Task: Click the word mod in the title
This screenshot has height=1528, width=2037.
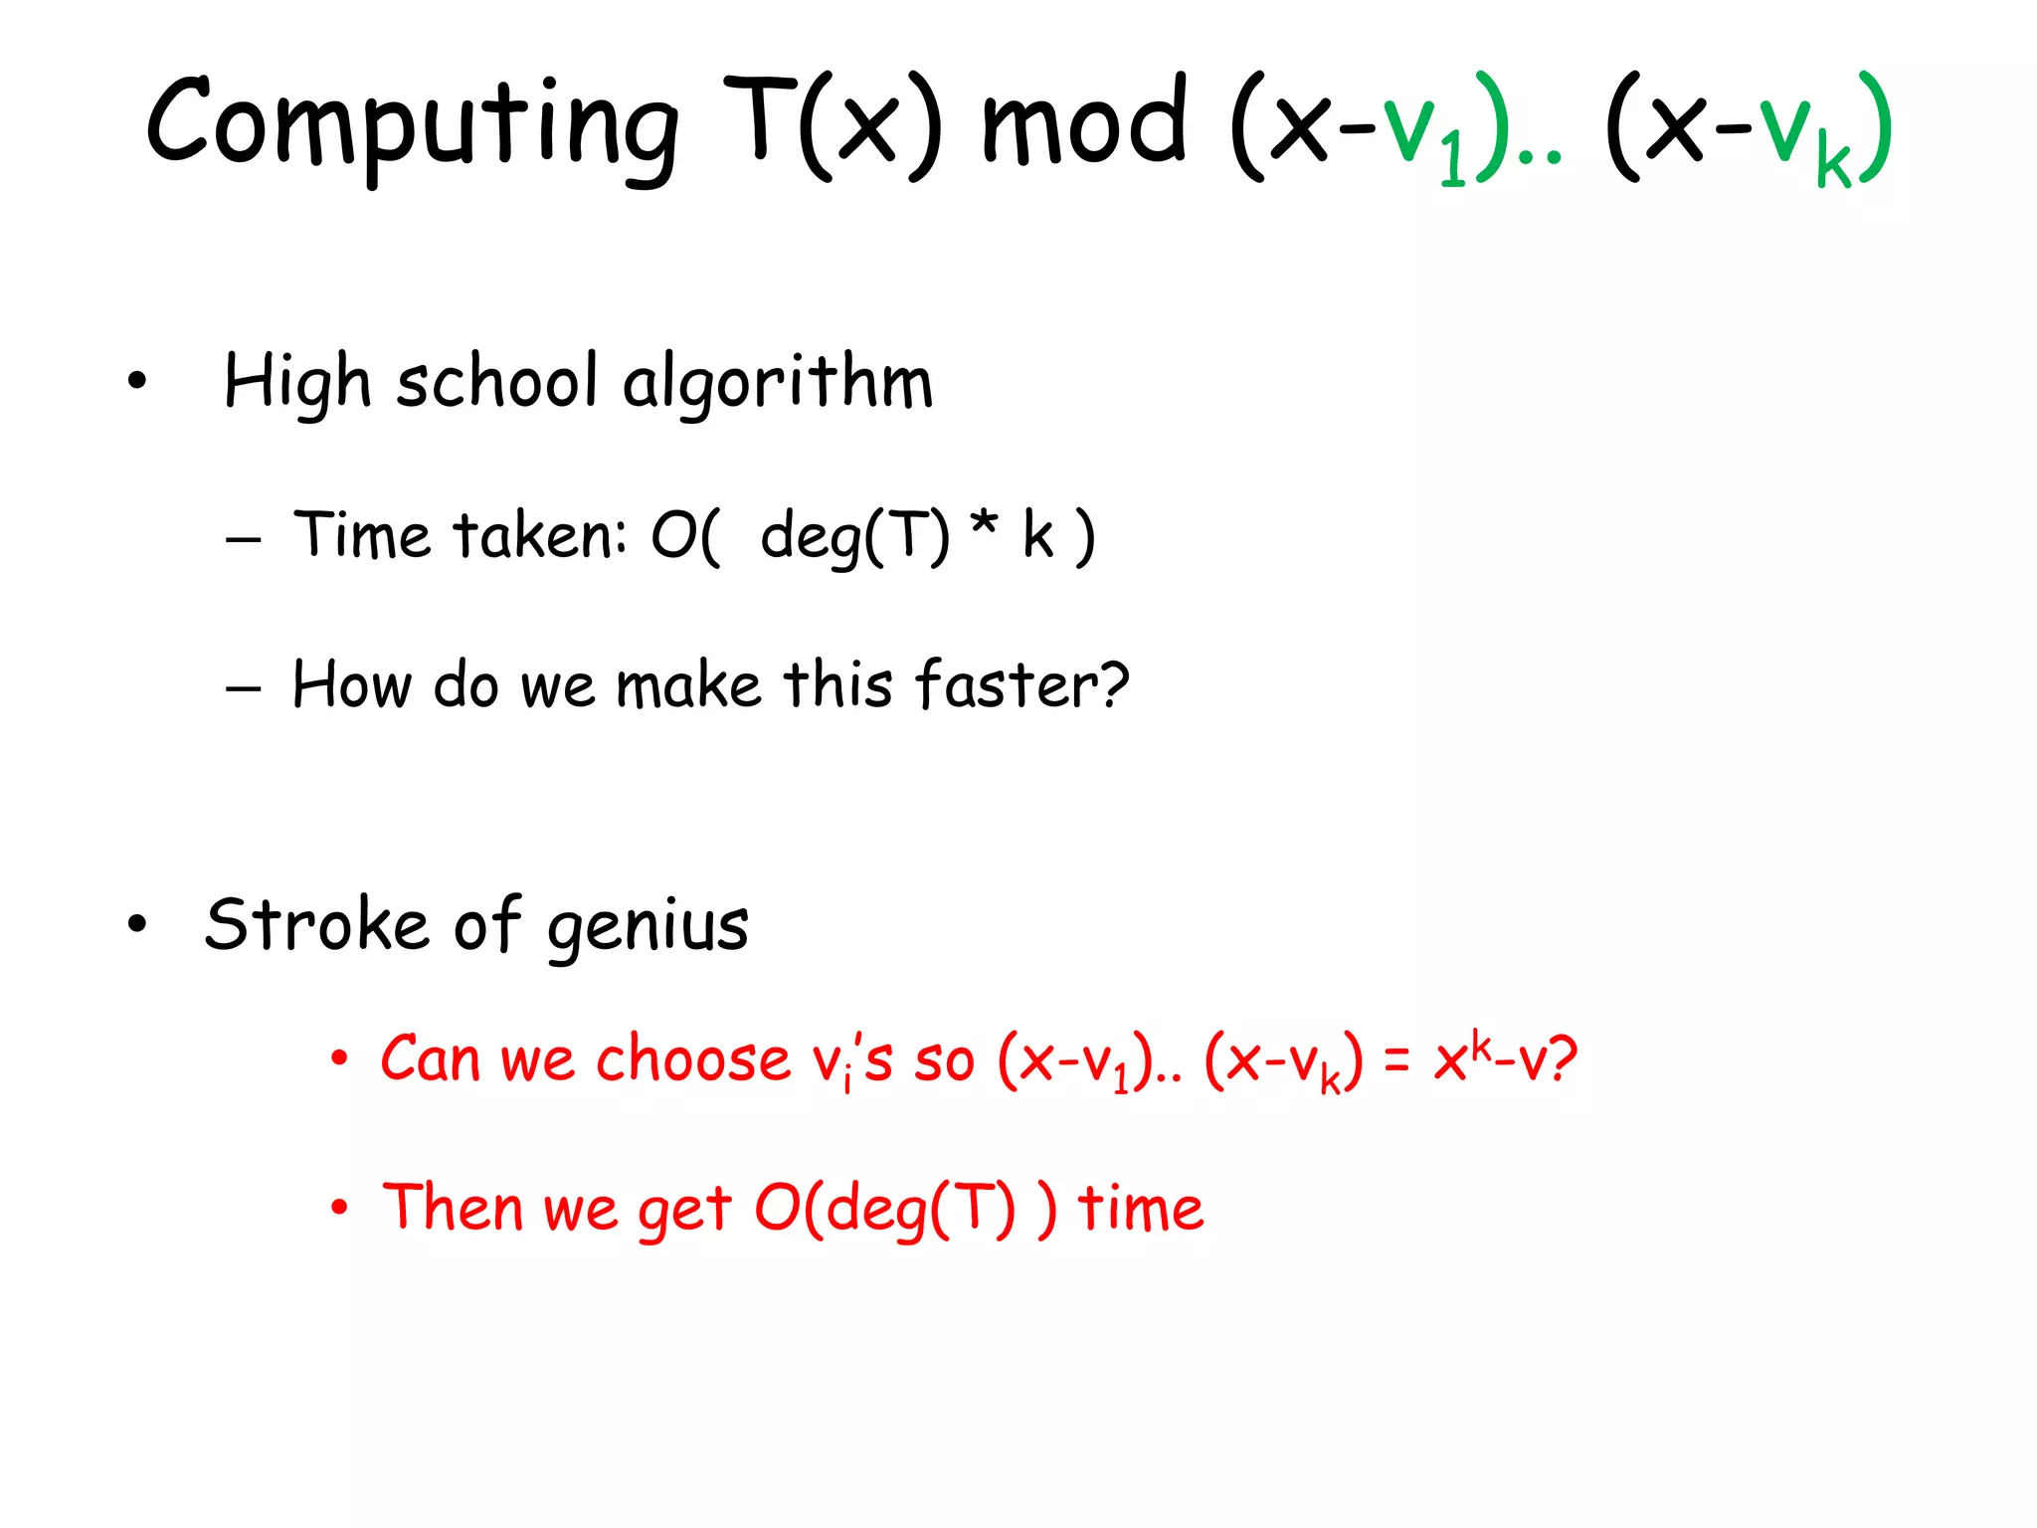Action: [x=1084, y=124]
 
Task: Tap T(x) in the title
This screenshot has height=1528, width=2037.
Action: [x=832, y=124]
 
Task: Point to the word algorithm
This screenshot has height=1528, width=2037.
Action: [x=778, y=383]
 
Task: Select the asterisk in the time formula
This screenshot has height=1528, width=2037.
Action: [x=984, y=524]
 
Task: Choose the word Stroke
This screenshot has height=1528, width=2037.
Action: [x=316, y=924]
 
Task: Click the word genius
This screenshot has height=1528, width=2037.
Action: [x=648, y=927]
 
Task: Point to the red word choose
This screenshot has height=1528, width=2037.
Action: [x=692, y=1058]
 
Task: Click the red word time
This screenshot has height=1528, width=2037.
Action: [x=1141, y=1208]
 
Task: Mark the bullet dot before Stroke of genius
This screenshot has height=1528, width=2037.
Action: [x=137, y=925]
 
